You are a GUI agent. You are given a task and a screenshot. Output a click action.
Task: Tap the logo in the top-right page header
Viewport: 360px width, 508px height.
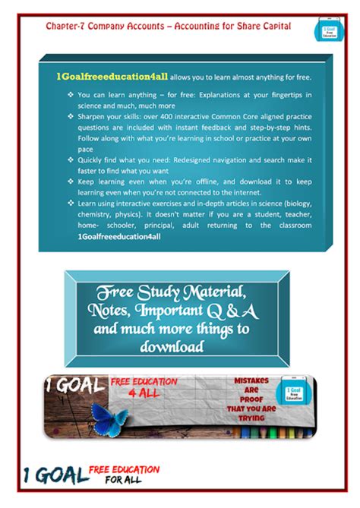(x=322, y=31)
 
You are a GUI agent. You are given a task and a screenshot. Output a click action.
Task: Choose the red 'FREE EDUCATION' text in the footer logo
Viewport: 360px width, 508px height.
(x=125, y=469)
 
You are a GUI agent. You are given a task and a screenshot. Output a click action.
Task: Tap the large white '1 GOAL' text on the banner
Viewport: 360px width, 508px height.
(x=75, y=384)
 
